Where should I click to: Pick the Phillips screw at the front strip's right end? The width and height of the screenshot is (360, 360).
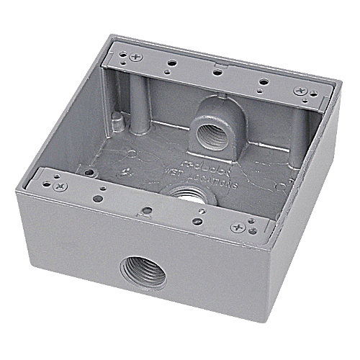237,228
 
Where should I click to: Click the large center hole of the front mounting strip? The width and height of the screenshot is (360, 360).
147,211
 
